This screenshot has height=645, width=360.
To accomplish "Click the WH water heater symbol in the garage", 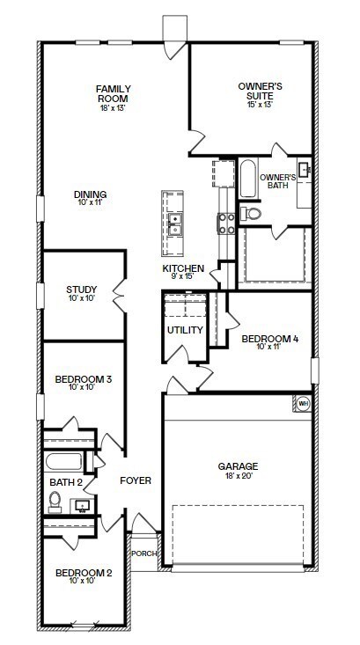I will pyautogui.click(x=303, y=404).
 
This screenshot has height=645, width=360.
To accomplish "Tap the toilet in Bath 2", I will pyautogui.click(x=55, y=502).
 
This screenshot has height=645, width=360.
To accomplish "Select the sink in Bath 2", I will pyautogui.click(x=84, y=505).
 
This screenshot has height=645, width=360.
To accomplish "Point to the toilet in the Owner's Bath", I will pyautogui.click(x=251, y=213).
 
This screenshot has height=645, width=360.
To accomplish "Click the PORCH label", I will pyautogui.click(x=143, y=553).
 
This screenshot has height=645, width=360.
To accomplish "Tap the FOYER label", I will pyautogui.click(x=136, y=480).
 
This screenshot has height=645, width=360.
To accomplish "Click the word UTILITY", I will pyautogui.click(x=185, y=330).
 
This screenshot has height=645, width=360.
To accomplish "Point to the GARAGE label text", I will pyautogui.click(x=238, y=465).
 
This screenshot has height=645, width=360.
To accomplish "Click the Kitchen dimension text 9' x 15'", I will pyautogui.click(x=183, y=276).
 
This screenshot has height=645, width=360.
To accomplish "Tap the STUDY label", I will pyautogui.click(x=81, y=290).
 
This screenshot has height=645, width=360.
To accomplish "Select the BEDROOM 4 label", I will pyautogui.click(x=270, y=337).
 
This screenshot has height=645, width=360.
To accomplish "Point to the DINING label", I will pyautogui.click(x=90, y=194).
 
